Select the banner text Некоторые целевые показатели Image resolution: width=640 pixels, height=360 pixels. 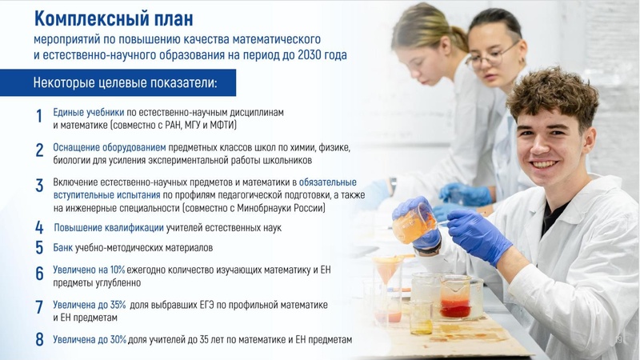pos(124,82)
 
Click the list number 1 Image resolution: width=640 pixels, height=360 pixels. pos(38,117)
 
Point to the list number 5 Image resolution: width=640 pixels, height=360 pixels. pos(38,247)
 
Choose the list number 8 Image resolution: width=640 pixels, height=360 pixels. pos(38,339)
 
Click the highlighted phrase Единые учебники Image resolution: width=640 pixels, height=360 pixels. pos(88,112)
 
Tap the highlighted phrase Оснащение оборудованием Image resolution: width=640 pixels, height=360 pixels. pos(110,147)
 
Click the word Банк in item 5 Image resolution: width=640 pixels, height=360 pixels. pos(63,247)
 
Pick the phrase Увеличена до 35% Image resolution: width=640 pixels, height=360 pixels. pos(89,305)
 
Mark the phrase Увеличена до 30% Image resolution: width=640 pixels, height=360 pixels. pos(90,339)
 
